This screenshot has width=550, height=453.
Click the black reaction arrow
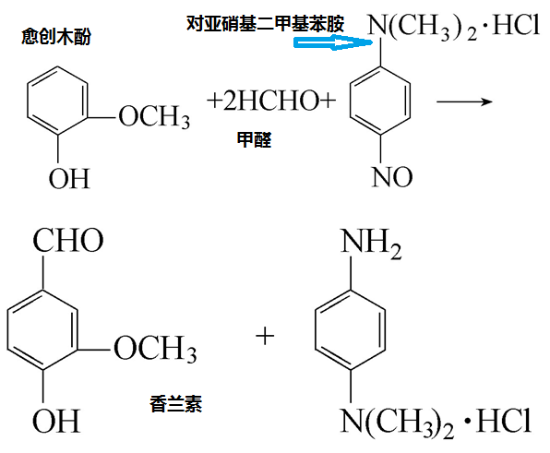461,100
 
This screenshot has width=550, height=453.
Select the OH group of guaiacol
69,177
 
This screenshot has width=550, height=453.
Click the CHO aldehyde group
68,243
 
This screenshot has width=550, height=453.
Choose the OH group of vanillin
56,422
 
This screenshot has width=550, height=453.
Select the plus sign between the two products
265,336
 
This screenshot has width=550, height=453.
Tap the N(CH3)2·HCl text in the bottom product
436,423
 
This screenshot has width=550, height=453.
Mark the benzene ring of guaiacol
57,107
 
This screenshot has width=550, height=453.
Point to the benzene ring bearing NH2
351,328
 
